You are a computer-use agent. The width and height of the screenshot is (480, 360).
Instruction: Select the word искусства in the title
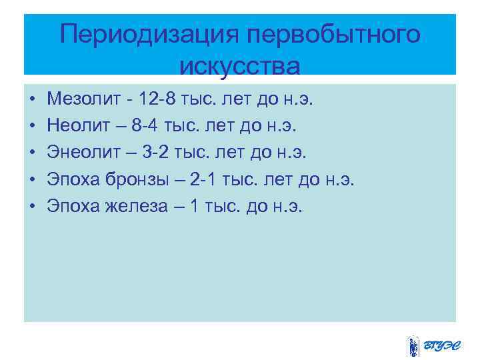[x=240, y=66]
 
